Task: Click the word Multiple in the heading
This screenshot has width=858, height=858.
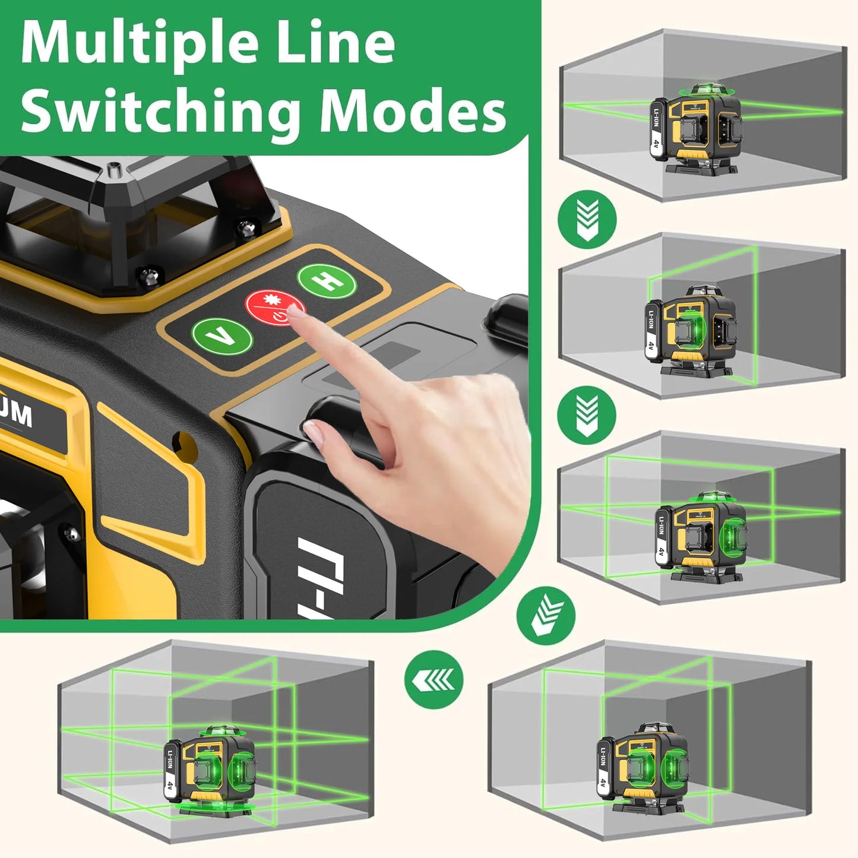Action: tap(140, 45)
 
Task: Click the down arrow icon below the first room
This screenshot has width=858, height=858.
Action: tap(587, 219)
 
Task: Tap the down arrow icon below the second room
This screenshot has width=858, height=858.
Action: tap(587, 414)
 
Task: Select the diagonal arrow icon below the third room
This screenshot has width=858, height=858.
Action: tap(546, 616)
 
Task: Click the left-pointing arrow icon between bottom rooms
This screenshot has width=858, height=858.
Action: tap(434, 679)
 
